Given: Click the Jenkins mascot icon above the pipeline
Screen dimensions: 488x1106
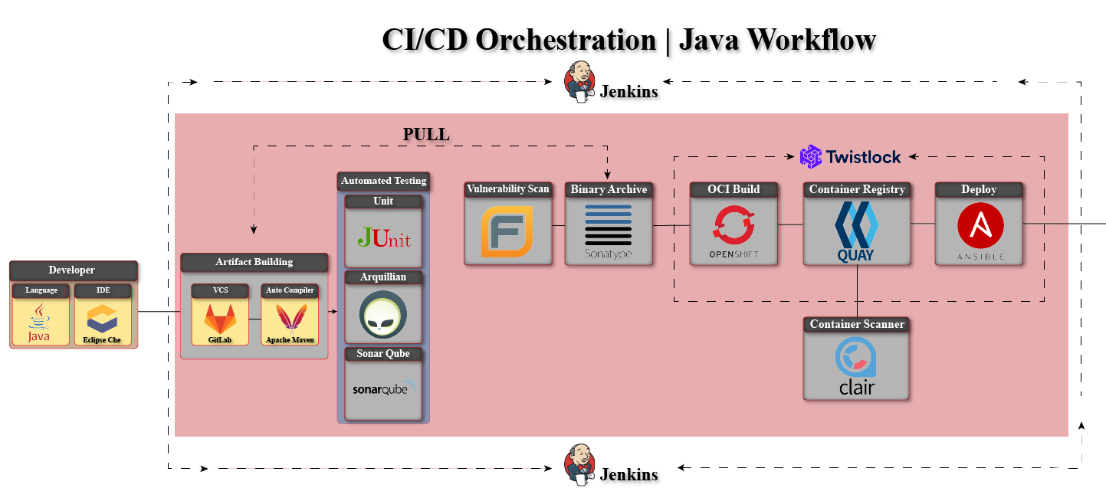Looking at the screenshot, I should click(580, 80).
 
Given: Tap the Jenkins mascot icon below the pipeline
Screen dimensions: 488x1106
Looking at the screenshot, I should click(580, 465).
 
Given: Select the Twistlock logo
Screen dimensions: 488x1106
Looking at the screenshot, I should click(810, 157).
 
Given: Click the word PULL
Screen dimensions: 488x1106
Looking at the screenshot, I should click(426, 135).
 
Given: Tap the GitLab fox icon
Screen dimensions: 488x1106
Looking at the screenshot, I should click(219, 318).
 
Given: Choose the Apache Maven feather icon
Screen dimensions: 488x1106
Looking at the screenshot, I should click(290, 317).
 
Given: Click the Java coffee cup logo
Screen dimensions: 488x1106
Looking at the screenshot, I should click(39, 322).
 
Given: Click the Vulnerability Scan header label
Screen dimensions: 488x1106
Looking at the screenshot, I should click(507, 189).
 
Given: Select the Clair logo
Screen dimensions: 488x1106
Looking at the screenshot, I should click(856, 367).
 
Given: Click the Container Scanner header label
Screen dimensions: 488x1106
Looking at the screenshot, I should click(856, 325).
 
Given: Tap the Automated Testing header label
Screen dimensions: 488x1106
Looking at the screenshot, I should click(383, 181).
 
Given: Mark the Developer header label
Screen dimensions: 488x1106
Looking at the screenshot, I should click(72, 270).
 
